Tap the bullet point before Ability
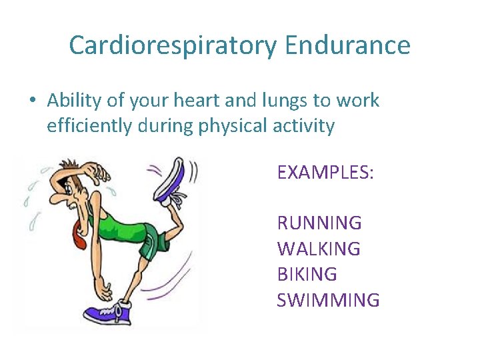coord(32,101)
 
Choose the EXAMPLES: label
coord(325,173)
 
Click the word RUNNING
coord(319,223)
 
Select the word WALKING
coord(318,249)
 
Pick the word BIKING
coord(307,274)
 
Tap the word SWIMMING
coord(328,300)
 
